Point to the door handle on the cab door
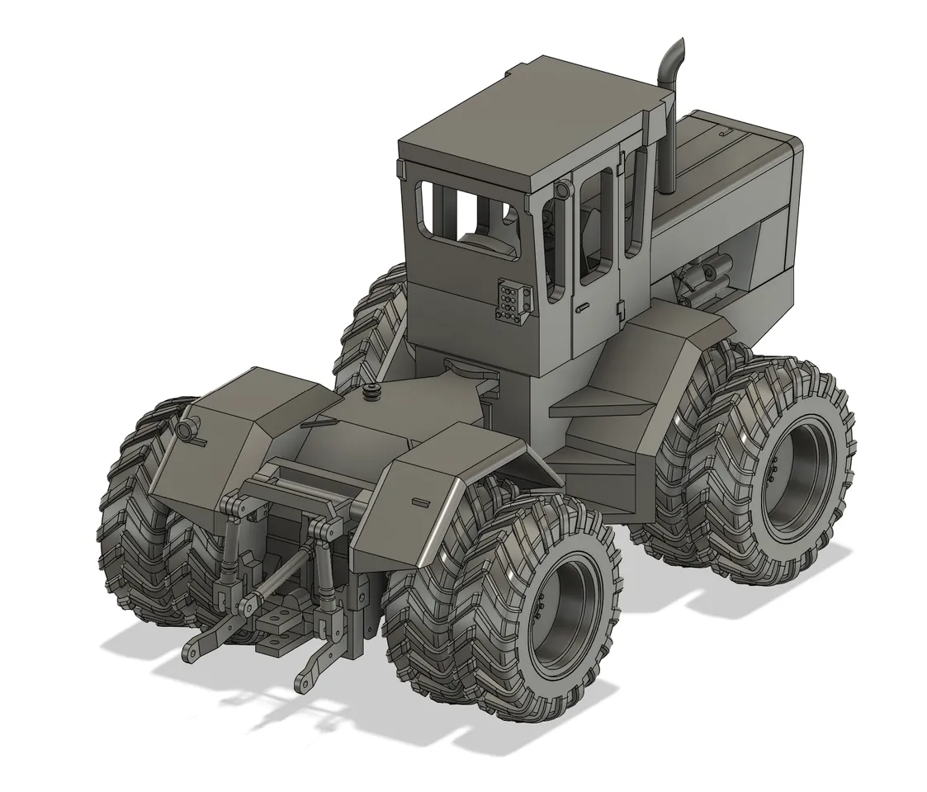coord(582,309)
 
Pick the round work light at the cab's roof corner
coord(562,191)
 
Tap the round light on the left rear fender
coord(188,429)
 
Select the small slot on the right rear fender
coord(419,501)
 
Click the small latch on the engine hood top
coord(725,132)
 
